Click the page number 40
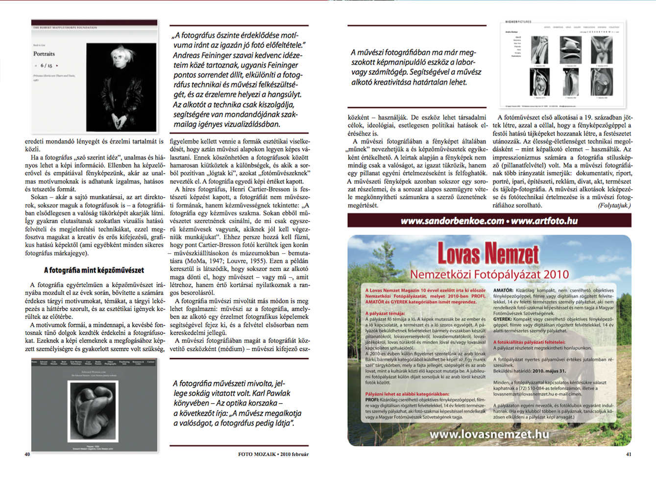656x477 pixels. click(27, 454)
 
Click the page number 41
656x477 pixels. click(629, 454)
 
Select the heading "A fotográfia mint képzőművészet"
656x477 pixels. click(94, 270)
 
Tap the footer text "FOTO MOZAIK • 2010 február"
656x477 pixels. click(273, 454)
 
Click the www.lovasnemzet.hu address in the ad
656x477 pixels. click(489, 434)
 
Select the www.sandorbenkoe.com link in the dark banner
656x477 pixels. click(452, 221)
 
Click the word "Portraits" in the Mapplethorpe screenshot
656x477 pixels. click(44, 54)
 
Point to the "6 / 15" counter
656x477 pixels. click(46, 66)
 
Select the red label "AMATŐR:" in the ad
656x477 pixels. click(503, 290)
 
